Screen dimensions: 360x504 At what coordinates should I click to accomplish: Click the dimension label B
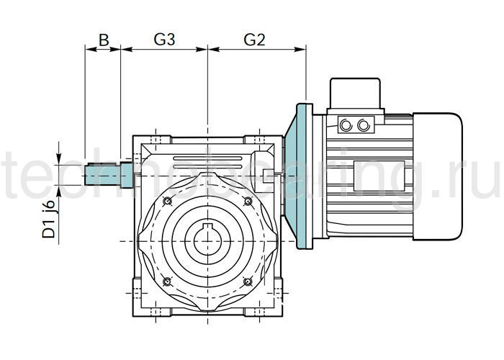tap(103, 40)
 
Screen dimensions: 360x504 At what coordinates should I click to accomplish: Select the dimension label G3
tap(165, 40)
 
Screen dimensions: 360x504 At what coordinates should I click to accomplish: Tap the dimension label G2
tap(255, 40)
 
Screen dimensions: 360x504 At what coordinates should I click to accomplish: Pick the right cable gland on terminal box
tap(363, 125)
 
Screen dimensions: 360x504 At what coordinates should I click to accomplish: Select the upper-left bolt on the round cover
tap(167, 200)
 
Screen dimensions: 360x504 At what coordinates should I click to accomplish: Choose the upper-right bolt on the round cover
tap(248, 200)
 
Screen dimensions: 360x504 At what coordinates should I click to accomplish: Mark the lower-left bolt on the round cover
tap(167, 281)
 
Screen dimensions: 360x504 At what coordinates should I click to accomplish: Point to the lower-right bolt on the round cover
tap(248, 281)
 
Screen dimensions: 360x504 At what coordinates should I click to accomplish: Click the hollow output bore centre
tap(207, 242)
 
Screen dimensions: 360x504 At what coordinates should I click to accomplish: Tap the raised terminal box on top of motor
tap(354, 94)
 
